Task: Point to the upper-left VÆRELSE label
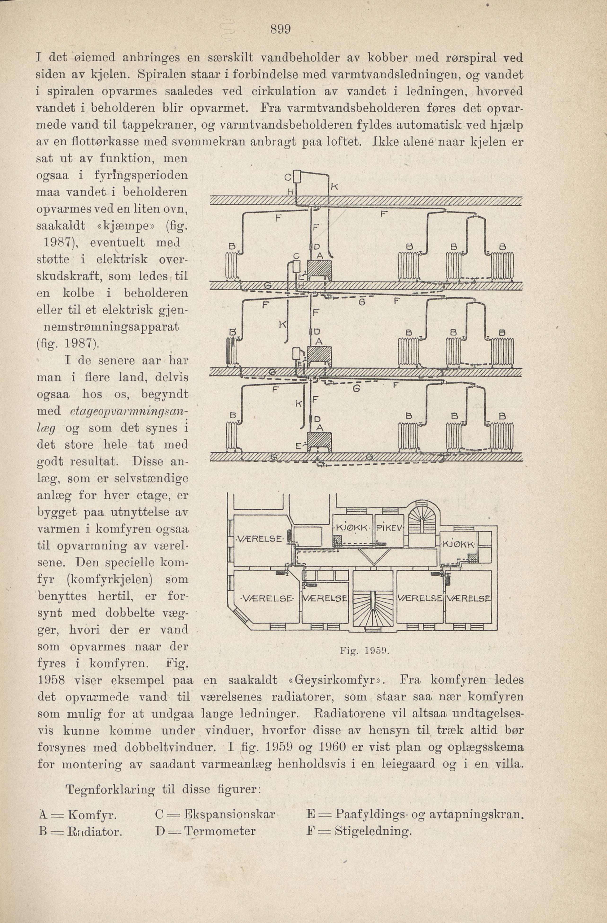tap(260, 539)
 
